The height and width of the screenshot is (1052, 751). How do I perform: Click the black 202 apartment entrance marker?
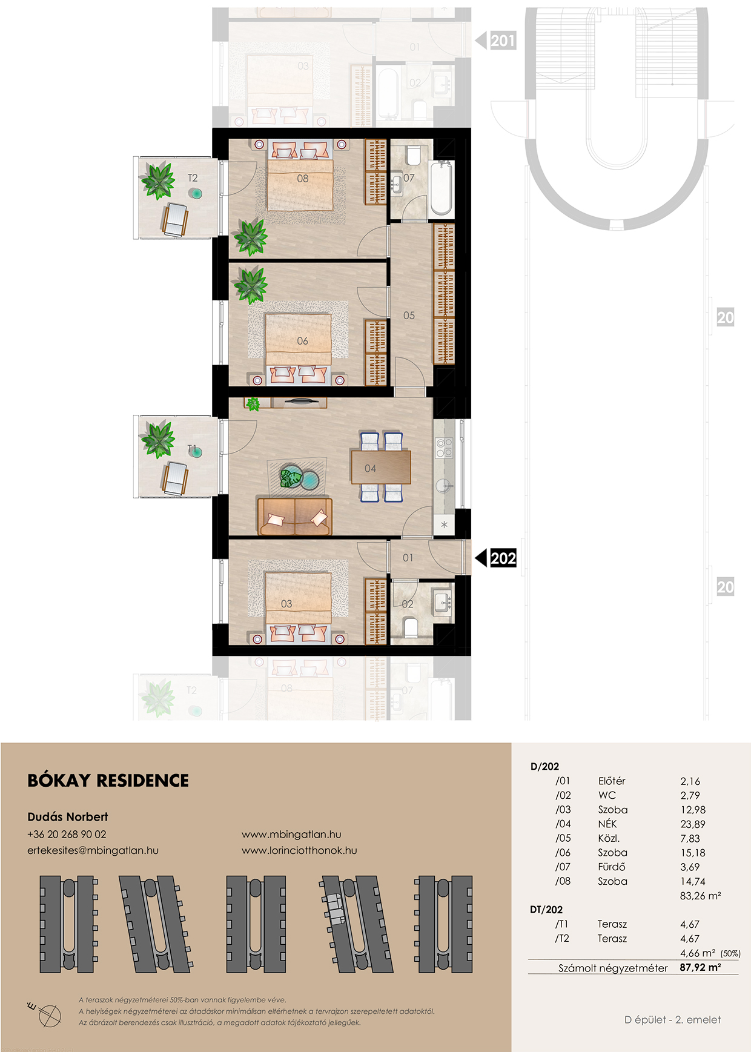(x=496, y=558)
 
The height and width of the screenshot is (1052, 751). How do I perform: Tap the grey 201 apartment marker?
(x=496, y=41)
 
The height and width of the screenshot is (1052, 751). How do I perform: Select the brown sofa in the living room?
(x=295, y=517)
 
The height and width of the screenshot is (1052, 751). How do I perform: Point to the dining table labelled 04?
(x=381, y=467)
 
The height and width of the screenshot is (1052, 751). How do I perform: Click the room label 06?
(x=303, y=341)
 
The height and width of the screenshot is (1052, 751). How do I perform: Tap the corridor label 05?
(x=409, y=316)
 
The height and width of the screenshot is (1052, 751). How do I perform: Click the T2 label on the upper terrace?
(x=193, y=178)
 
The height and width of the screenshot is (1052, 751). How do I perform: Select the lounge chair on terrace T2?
(x=175, y=219)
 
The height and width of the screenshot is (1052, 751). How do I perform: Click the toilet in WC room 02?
(x=411, y=627)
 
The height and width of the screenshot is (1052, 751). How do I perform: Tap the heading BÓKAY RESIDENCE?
(x=108, y=780)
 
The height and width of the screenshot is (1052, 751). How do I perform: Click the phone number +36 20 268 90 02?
(x=67, y=834)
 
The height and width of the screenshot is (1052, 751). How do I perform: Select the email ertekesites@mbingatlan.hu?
(x=93, y=850)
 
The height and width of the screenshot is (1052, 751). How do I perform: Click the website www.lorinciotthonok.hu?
(x=299, y=850)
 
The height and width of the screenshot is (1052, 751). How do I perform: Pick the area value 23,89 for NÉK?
(x=693, y=824)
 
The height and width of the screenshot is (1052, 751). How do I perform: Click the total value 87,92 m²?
(x=700, y=968)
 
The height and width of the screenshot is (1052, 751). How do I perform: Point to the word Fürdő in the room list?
(x=612, y=867)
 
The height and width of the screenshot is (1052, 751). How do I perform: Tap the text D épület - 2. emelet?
(x=673, y=1020)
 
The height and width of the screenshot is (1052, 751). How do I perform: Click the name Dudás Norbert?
(x=68, y=816)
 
